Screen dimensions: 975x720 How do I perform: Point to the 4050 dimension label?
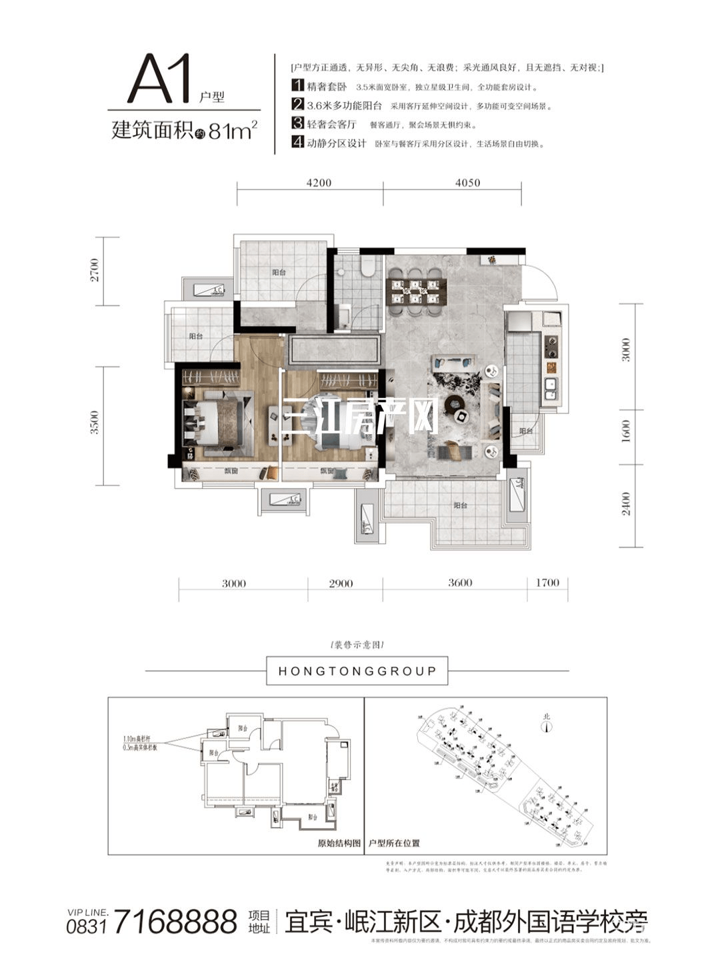[x=467, y=183]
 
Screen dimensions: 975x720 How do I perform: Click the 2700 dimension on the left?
[x=95, y=269]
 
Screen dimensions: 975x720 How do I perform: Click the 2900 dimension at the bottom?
[x=341, y=584]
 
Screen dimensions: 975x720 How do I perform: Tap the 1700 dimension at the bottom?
[x=547, y=584]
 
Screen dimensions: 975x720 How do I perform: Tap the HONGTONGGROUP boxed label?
[x=357, y=671]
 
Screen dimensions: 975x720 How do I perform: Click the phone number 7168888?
[x=176, y=922]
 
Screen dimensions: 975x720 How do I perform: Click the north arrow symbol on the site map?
[x=547, y=725]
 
